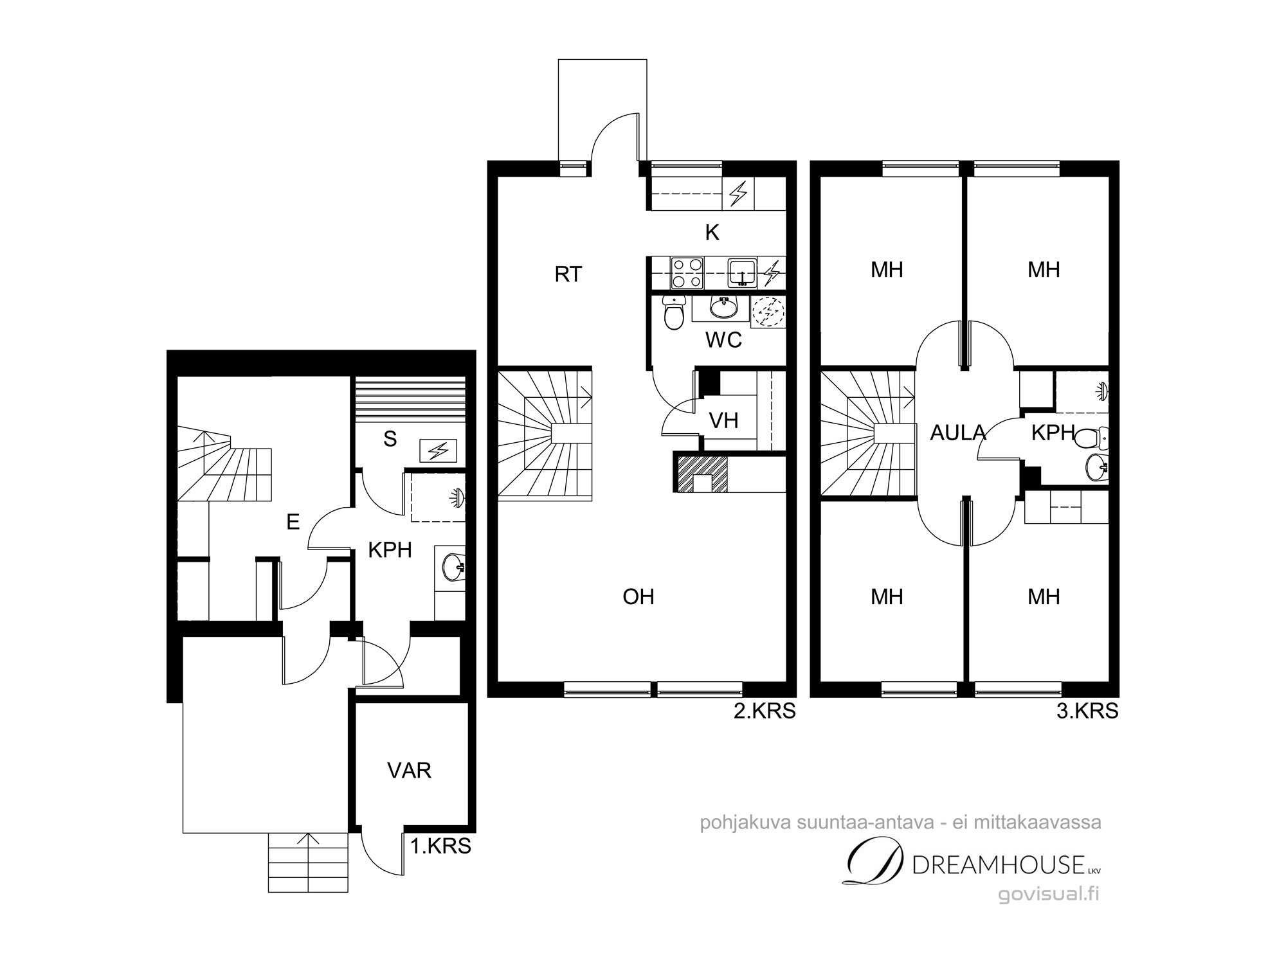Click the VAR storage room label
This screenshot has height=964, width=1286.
tap(409, 770)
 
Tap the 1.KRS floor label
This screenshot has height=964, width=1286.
tap(440, 846)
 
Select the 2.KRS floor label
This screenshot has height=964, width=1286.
tap(765, 711)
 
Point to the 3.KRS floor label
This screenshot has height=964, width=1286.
tap(1087, 711)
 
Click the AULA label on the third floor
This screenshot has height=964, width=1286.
tap(958, 433)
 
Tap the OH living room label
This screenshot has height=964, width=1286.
tap(638, 597)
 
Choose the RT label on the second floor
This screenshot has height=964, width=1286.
tap(568, 274)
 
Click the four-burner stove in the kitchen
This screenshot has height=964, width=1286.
tap(687, 272)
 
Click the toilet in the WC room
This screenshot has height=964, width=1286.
tap(673, 314)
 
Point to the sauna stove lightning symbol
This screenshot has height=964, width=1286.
tap(439, 451)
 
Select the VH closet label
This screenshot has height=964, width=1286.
tap(723, 421)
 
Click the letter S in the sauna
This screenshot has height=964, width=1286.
tap(390, 439)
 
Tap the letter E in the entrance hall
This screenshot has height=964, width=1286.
tap(293, 522)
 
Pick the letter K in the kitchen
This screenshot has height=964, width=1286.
tap(712, 233)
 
